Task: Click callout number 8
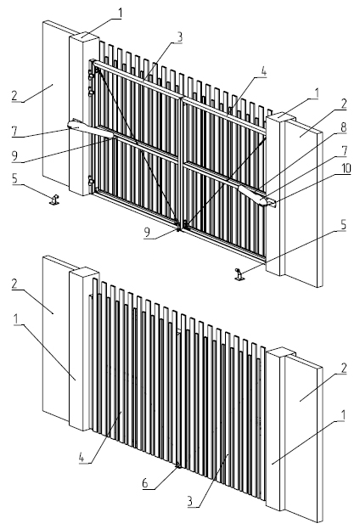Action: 344,127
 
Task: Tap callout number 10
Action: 345,168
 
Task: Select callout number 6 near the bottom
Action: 145,483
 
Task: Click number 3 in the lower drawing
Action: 190,501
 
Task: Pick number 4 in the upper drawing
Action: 263,72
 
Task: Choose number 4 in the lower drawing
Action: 82,458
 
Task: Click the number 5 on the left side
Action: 14,179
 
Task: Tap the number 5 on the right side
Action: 344,225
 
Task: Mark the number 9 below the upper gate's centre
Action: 147,232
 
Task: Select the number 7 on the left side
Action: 14,132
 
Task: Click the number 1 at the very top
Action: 119,13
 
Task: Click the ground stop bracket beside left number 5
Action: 54,200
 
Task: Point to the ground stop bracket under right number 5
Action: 239,274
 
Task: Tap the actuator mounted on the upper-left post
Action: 90,129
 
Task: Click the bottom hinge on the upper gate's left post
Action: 91,182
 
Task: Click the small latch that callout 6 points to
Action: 178,466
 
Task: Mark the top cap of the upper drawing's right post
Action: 281,116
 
